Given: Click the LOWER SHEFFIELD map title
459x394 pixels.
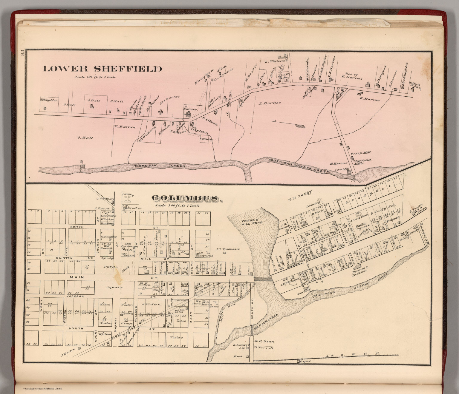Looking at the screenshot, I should click(103, 69).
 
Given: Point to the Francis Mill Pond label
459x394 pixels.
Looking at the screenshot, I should click(252, 222).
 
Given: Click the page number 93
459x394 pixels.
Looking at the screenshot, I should click(22, 54).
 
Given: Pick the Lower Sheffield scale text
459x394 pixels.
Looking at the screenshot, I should click(95, 77).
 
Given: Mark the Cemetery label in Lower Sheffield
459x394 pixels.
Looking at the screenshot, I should click(206, 139).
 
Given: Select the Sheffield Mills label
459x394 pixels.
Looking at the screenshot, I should click(362, 162).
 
